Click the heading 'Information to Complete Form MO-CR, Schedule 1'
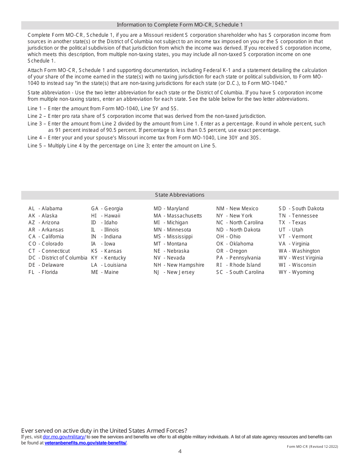(x=180, y=25)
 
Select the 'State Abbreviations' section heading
(x=180, y=195)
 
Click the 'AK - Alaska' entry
(x=43, y=216)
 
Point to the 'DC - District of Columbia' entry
(x=58, y=258)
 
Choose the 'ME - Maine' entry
(x=105, y=272)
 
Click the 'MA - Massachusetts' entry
(x=178, y=216)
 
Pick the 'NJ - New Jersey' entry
(x=174, y=272)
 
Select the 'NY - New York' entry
(x=234, y=216)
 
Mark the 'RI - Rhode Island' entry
(x=238, y=265)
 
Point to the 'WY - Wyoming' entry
(x=296, y=272)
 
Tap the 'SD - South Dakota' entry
(x=301, y=208)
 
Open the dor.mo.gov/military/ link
(x=64, y=437)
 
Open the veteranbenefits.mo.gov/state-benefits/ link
(x=86, y=443)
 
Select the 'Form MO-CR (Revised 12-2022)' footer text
(x=312, y=447)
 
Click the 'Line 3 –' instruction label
(x=37, y=124)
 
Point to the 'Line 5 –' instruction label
(x=37, y=145)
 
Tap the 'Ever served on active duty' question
(x=104, y=430)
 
